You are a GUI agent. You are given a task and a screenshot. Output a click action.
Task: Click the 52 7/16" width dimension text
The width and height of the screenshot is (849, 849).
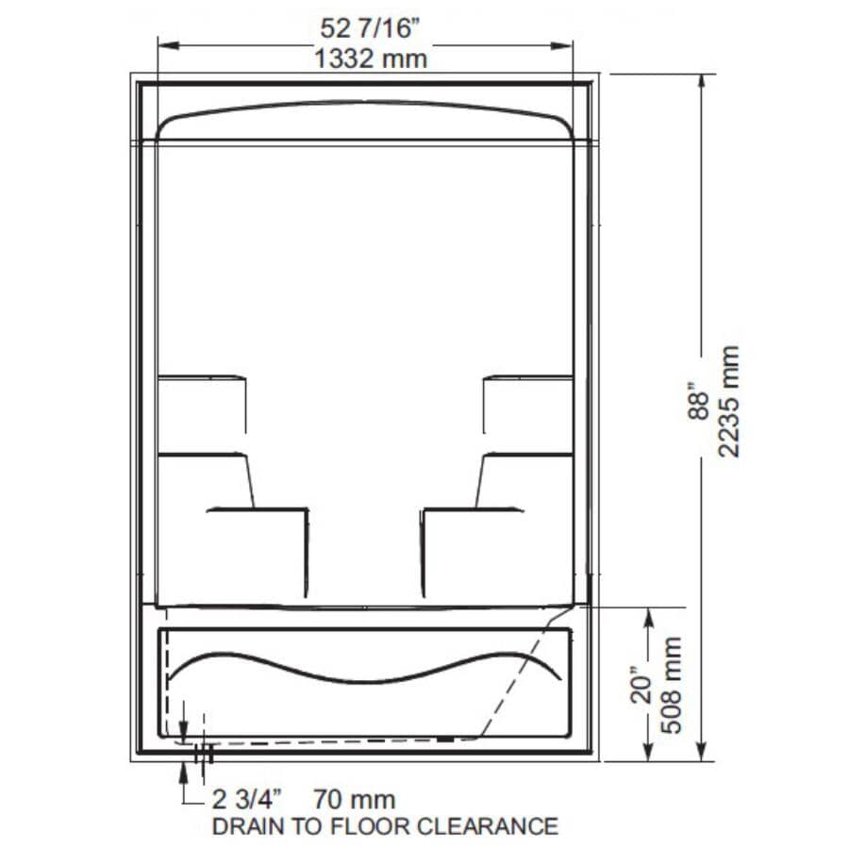coord(366,29)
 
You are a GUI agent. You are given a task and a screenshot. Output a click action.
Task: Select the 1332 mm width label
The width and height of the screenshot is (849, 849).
coord(371,58)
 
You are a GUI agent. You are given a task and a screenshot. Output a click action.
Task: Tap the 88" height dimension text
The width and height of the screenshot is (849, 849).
coord(698,401)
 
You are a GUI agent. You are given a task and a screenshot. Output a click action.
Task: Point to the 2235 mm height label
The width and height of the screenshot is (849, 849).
coord(728,401)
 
